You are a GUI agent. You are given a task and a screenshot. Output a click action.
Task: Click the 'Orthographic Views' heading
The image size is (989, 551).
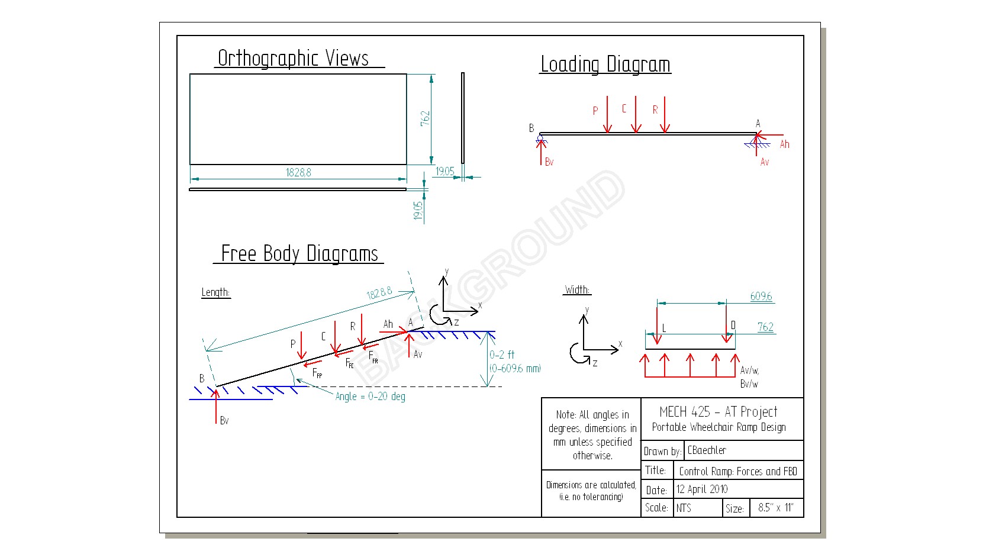(x=293, y=58)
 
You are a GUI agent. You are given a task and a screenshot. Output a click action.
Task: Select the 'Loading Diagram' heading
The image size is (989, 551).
(x=605, y=64)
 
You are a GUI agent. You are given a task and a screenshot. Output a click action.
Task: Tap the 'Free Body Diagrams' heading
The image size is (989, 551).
(x=299, y=253)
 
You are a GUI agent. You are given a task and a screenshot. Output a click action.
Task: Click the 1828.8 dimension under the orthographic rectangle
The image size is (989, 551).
(x=298, y=172)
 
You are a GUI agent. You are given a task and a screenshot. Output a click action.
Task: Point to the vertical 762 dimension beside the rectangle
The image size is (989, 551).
(x=425, y=118)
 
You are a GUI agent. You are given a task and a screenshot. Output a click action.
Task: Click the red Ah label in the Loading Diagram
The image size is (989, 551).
(x=784, y=144)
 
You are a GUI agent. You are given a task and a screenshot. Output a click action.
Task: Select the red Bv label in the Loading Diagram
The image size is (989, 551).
(x=549, y=162)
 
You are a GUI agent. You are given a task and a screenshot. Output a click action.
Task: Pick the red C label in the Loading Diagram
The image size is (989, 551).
(x=624, y=108)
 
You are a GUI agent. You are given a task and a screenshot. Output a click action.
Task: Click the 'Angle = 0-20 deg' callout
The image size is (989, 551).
(x=370, y=396)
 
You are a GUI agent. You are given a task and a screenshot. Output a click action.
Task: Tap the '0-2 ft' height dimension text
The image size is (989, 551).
(x=501, y=355)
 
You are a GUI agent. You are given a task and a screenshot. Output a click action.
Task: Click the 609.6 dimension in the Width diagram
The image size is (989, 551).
(x=761, y=296)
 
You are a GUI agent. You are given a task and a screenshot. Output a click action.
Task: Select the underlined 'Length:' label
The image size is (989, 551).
(x=215, y=292)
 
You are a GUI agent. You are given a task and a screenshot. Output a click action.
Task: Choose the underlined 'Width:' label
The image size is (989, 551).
(x=577, y=289)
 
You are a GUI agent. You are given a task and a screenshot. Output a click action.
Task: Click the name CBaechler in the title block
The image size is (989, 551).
(x=706, y=450)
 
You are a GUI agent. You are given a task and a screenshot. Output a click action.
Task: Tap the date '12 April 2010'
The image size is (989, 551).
(x=702, y=489)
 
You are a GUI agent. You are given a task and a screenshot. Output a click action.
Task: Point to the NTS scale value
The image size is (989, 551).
(x=684, y=508)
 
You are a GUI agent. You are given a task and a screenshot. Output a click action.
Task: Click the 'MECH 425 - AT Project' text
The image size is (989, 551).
(x=719, y=411)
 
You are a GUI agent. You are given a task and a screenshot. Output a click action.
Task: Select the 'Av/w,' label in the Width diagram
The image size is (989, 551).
(x=749, y=370)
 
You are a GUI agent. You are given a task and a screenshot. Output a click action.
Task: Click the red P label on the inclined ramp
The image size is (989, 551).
(x=292, y=343)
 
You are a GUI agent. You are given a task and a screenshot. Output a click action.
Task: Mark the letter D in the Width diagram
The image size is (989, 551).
(x=733, y=325)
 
